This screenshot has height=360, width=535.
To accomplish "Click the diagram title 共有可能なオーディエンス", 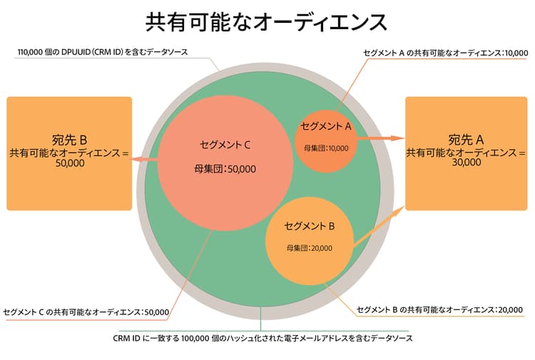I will [267, 21].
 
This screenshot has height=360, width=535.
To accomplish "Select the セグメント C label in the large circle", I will [225, 145].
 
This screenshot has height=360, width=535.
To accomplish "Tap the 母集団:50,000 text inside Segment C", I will [225, 169].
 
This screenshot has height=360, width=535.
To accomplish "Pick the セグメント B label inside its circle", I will [310, 227].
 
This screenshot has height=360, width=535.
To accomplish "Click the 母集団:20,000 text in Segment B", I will [309, 248].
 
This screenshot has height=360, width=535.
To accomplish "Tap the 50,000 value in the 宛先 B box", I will [69, 163].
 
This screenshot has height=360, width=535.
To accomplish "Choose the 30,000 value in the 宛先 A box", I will [466, 162].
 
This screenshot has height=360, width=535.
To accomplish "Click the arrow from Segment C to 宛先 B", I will [145, 160].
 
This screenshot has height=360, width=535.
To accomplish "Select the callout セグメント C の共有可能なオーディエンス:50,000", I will [86, 312].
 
